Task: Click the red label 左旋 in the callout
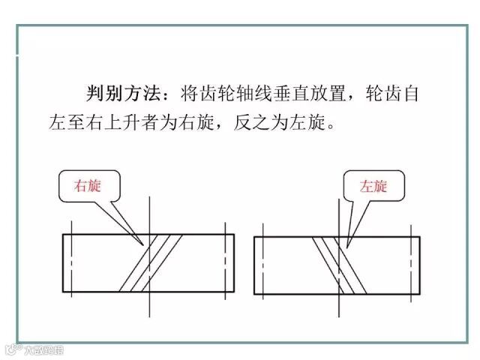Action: (373, 186)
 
